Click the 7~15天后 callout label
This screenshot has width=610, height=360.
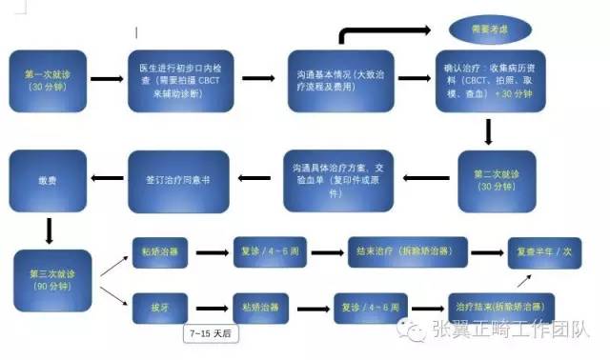(210, 333)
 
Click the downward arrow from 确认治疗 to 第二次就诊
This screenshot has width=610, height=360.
(489, 130)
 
